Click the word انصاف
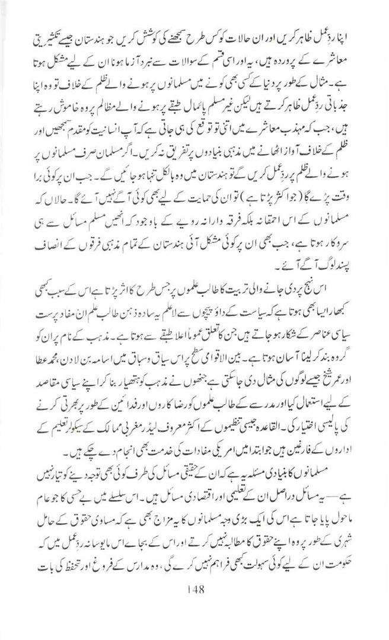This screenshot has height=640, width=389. tap(52, 231)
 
